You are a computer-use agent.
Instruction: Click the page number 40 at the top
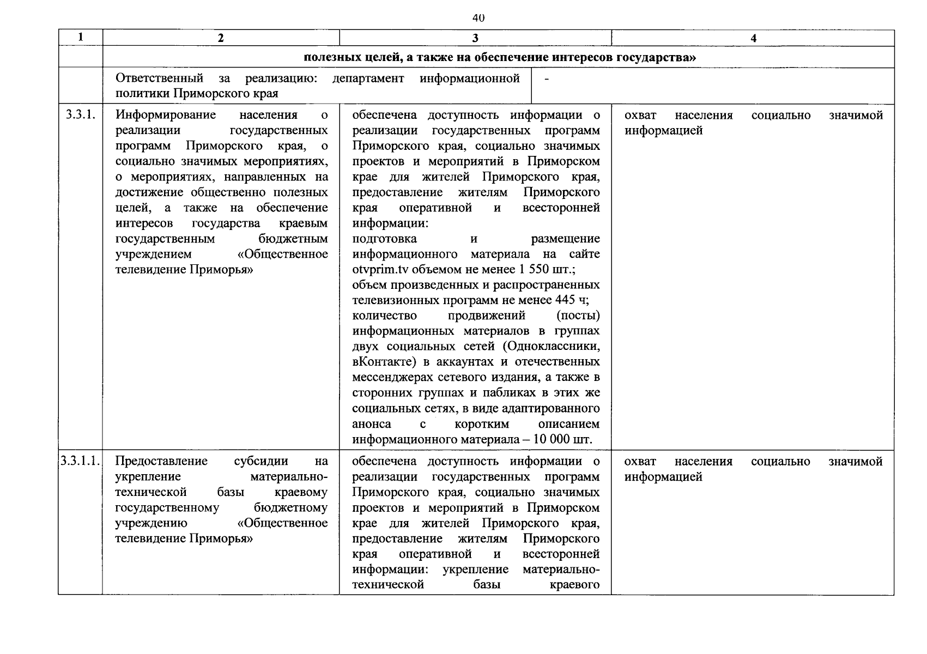click(x=478, y=18)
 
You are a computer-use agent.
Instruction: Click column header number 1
click(x=81, y=37)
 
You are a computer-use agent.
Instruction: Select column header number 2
click(x=220, y=38)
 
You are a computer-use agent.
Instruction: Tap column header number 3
click(x=475, y=38)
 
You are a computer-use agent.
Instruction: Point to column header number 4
click(x=753, y=38)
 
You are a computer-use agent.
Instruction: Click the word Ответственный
click(x=159, y=78)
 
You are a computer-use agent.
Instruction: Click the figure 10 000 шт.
click(x=565, y=439)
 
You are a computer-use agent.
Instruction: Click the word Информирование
click(x=166, y=115)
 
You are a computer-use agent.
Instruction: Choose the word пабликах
click(x=507, y=392)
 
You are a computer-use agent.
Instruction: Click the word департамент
click(x=368, y=78)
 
